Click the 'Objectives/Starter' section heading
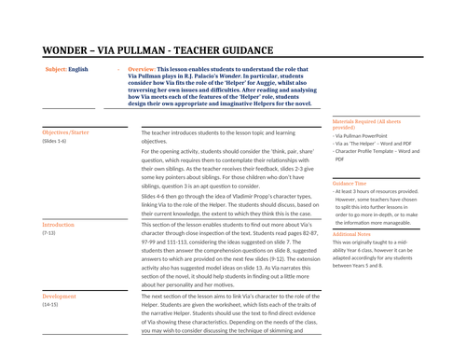point(67,134)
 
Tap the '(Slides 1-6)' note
point(54,142)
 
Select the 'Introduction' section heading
point(59,225)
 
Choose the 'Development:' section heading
point(61,296)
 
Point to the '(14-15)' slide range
point(50,304)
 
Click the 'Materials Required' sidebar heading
point(359,122)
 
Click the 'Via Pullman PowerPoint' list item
point(364,136)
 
